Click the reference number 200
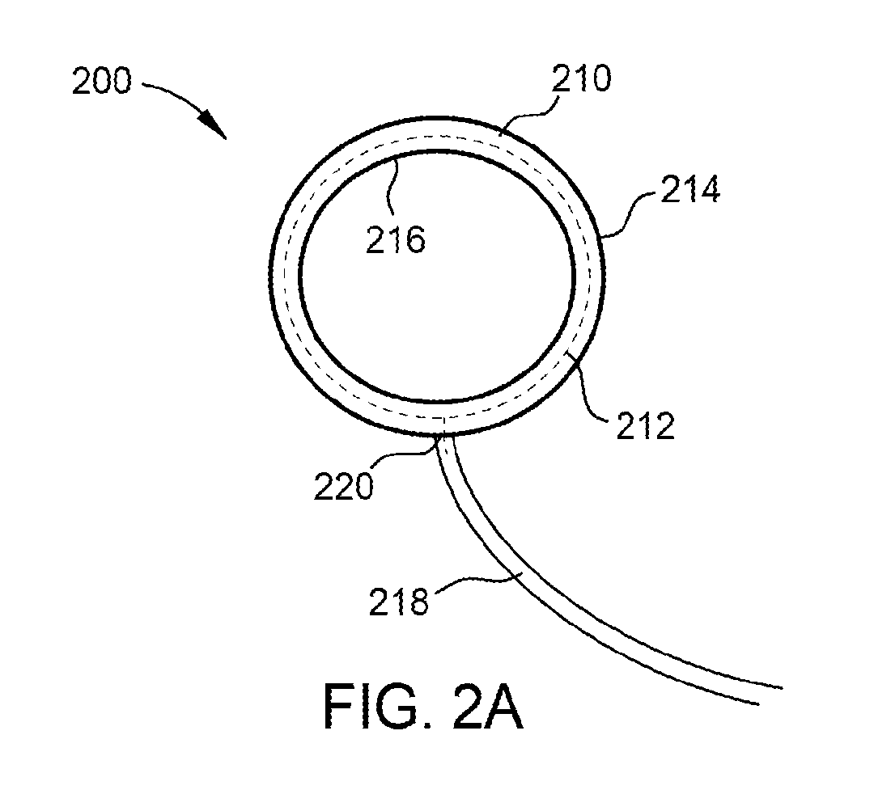102,82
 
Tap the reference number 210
582,78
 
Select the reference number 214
690,189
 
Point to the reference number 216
396,240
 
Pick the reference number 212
646,426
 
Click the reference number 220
343,486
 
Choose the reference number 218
398,602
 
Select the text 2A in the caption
488,708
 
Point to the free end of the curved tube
771,696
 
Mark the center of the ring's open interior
438,275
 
